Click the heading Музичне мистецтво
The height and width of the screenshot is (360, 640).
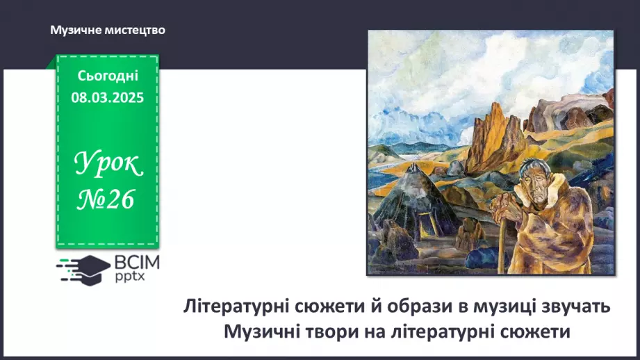[108, 31]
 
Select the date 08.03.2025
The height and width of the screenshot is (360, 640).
[108, 98]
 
